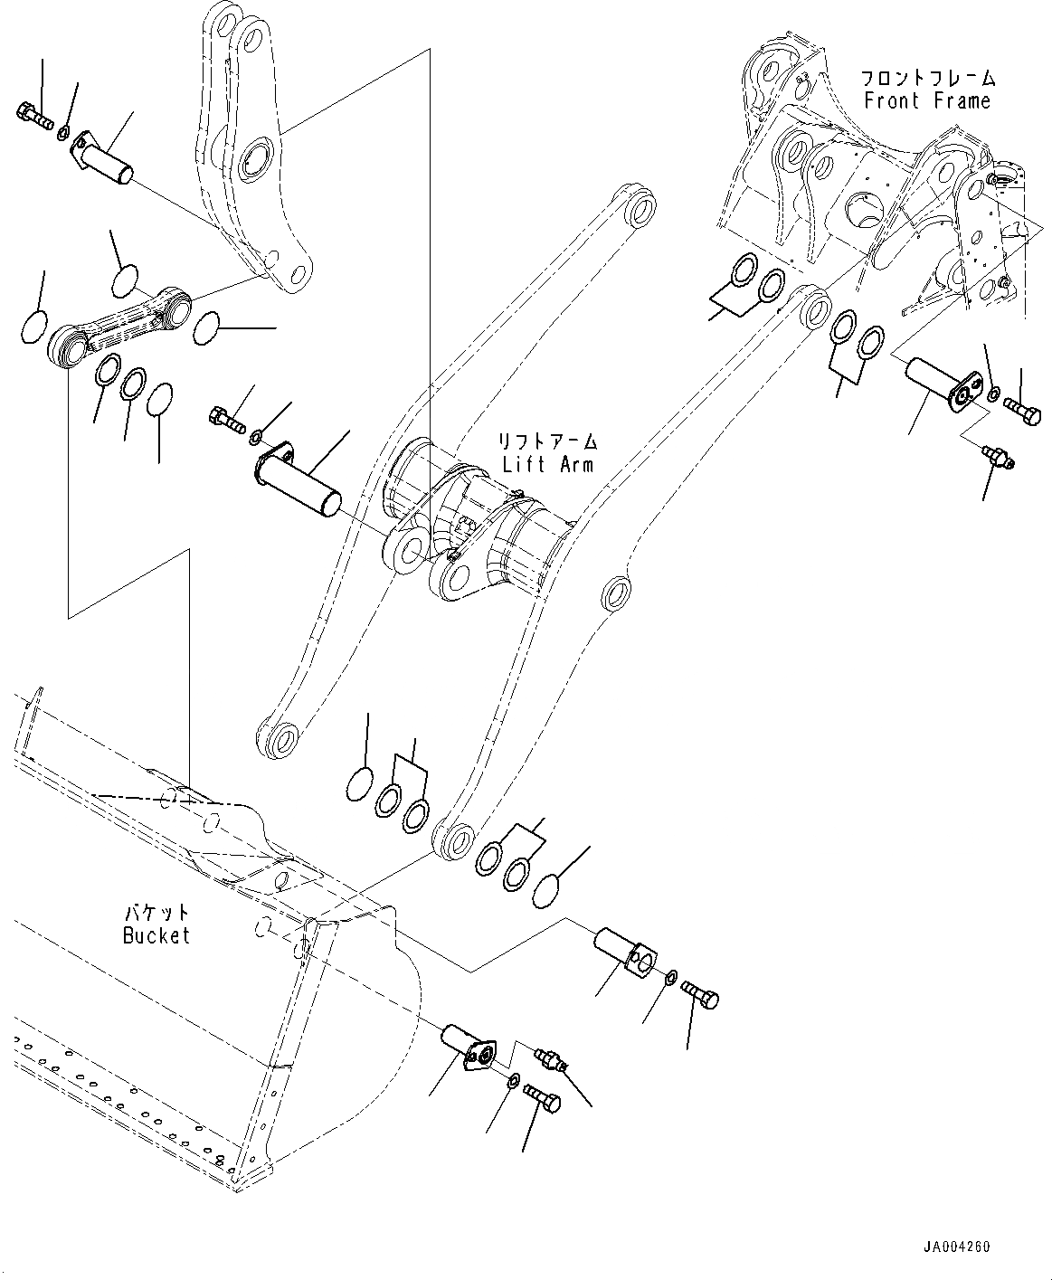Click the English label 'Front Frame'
[x=927, y=100]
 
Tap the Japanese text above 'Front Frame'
[x=927, y=78]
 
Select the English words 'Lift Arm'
[x=548, y=464]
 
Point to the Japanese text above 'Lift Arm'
[x=548, y=441]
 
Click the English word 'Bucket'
[x=156, y=935]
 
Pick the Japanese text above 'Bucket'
[x=156, y=912]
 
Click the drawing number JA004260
[x=958, y=1247]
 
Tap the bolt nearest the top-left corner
[x=33, y=114]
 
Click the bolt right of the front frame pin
[x=1022, y=412]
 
